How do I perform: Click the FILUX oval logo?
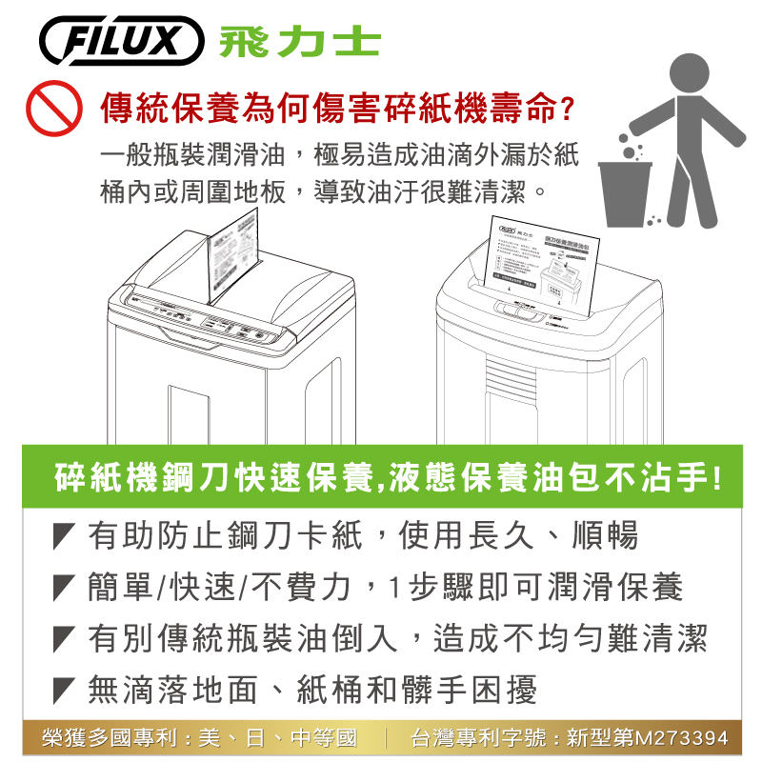(122, 41)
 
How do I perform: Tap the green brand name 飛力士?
(299, 42)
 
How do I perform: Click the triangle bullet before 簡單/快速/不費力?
(65, 588)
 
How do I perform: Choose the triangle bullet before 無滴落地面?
(65, 689)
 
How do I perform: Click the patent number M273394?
(681, 737)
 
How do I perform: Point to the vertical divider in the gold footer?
(383, 737)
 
